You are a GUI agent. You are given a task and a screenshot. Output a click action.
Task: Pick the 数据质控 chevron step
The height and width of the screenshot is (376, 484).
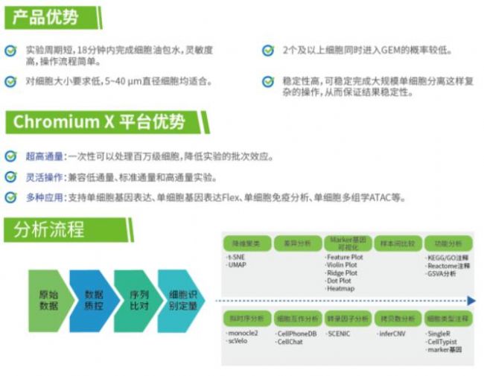[x=92, y=300]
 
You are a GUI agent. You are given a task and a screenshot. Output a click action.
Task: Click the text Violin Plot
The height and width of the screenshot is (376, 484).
[x=342, y=265]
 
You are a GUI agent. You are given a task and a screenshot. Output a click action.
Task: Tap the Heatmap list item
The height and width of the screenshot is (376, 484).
[x=340, y=288]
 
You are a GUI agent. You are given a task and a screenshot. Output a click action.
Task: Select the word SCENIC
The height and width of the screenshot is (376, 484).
[x=340, y=334]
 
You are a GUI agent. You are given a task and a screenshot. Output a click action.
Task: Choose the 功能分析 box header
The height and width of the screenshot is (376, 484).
[x=448, y=243]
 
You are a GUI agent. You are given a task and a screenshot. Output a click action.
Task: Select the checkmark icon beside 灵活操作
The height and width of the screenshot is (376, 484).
[x=10, y=177]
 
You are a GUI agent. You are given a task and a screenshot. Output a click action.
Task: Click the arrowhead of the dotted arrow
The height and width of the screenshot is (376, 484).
[x=471, y=301]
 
